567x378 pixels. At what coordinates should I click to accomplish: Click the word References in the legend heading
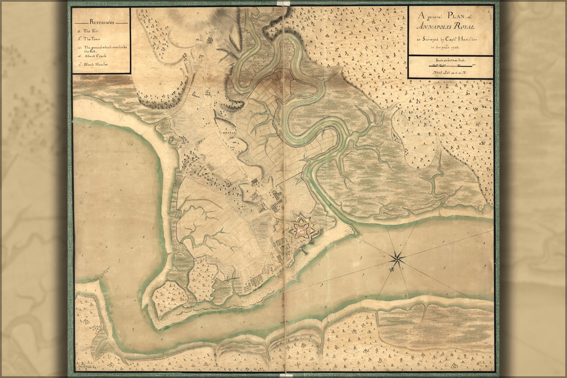pos(102,22)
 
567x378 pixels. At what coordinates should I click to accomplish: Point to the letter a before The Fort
pos(80,31)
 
